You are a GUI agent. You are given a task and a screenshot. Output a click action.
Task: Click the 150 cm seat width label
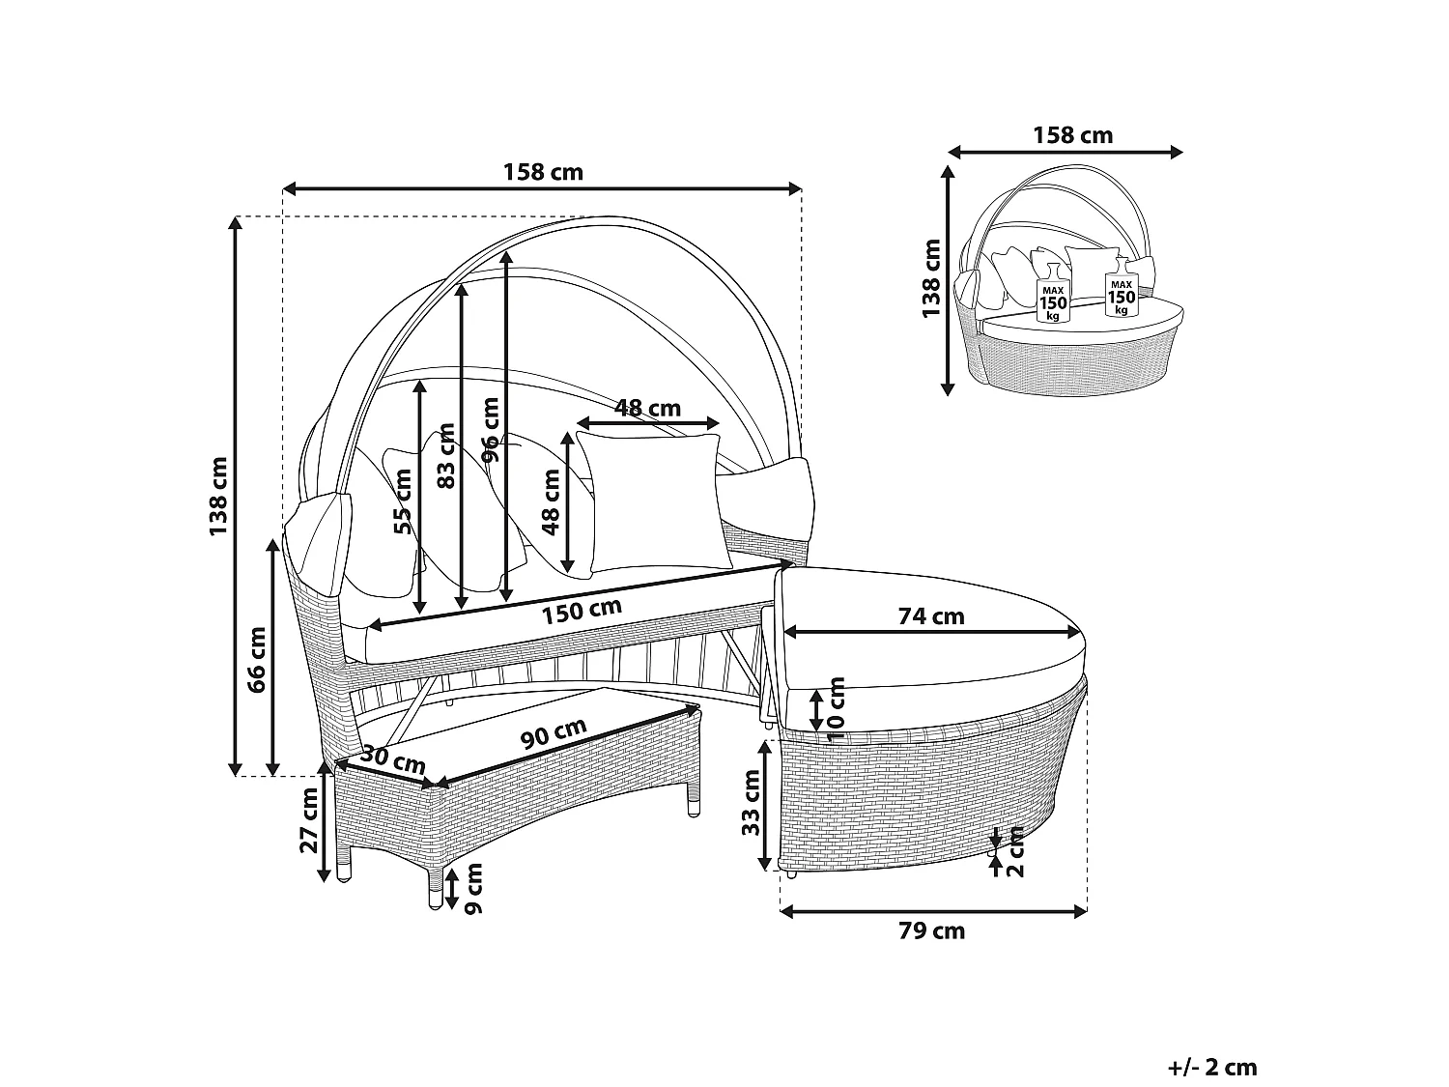click(582, 612)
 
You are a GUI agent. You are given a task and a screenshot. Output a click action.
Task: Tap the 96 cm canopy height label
click(491, 430)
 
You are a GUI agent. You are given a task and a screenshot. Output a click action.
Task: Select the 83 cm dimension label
click(447, 455)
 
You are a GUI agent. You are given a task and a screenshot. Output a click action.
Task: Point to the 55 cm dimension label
click(403, 501)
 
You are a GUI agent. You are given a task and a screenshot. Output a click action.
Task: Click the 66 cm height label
click(257, 659)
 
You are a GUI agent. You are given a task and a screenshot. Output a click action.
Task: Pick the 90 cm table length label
click(554, 732)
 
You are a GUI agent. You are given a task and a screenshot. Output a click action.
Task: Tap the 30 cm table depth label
click(393, 759)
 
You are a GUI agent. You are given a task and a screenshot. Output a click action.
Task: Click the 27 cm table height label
click(309, 819)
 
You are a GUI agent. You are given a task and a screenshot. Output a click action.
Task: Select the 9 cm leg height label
click(474, 888)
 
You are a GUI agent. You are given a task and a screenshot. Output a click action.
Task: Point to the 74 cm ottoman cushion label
click(931, 615)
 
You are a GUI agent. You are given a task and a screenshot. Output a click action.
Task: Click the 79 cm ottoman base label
click(931, 930)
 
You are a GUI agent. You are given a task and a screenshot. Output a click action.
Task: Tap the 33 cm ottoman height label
click(751, 803)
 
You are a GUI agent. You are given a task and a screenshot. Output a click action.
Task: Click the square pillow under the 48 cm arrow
click(654, 501)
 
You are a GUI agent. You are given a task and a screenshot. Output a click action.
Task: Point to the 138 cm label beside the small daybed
click(930, 278)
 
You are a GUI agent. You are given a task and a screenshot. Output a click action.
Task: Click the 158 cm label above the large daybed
click(543, 172)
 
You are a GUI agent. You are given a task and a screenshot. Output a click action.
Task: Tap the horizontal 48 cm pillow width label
click(647, 408)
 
